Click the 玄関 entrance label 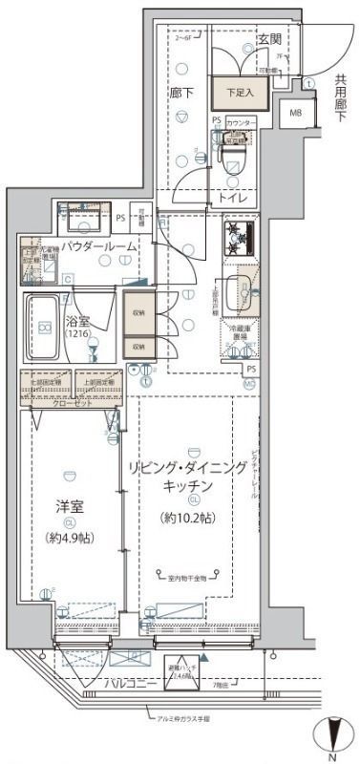tap(270, 39)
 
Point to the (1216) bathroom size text tap(77, 335)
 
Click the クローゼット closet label tap(71, 403)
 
